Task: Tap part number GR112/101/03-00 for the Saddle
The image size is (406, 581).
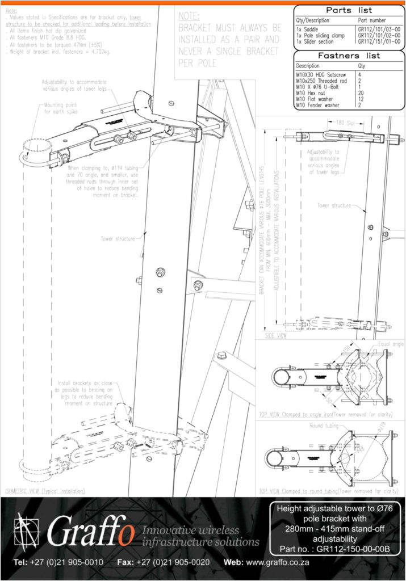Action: click(379, 28)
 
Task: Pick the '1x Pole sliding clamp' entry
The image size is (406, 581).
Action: click(321, 35)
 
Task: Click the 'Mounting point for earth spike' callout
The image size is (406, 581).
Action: click(64, 109)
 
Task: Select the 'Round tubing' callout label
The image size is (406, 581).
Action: click(308, 426)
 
